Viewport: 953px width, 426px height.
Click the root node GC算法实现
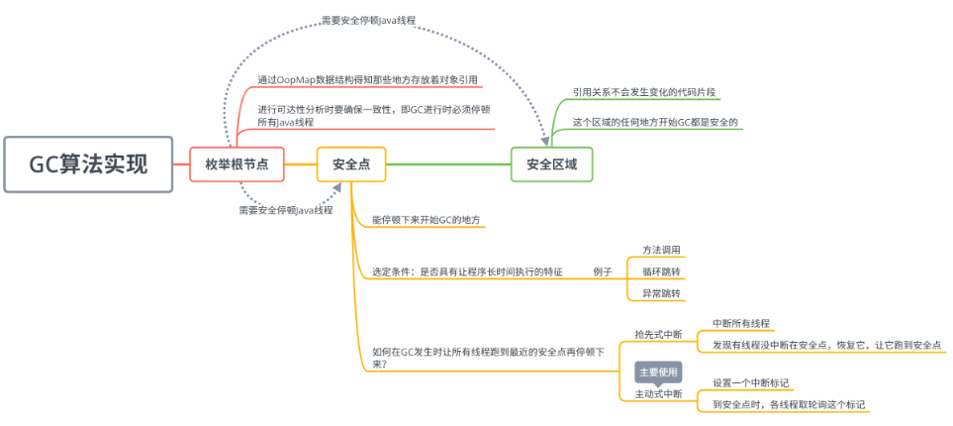click(88, 163)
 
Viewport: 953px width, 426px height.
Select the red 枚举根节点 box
click(237, 163)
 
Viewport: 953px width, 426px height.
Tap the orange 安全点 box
click(351, 163)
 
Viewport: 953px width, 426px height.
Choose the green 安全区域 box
click(551, 163)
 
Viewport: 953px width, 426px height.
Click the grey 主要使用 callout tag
click(658, 373)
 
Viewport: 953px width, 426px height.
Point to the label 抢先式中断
click(658, 334)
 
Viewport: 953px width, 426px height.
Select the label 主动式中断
click(658, 393)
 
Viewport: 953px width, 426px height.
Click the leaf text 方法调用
click(661, 250)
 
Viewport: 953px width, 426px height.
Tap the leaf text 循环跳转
click(661, 271)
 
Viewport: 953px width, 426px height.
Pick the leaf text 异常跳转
click(661, 293)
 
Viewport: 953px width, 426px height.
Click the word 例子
click(603, 271)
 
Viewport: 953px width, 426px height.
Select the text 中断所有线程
click(741, 324)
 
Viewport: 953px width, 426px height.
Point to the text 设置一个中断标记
click(750, 382)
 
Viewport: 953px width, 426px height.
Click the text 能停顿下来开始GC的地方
click(427, 219)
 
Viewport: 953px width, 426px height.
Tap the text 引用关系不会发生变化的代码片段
click(643, 92)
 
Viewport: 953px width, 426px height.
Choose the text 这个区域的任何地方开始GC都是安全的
click(655, 123)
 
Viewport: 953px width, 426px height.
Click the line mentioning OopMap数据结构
click(367, 79)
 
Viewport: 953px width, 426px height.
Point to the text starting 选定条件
click(467, 271)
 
